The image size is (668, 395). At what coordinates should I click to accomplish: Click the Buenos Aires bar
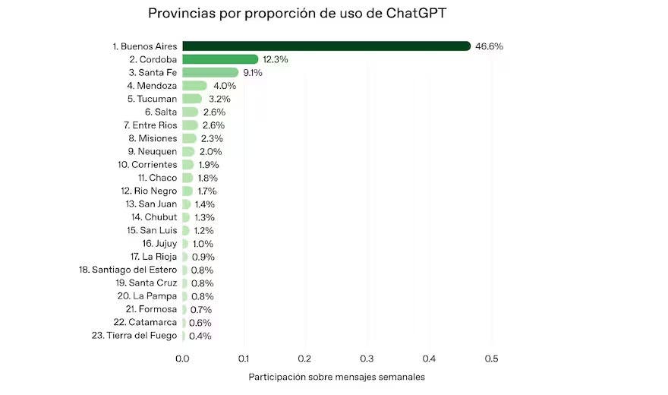(x=326, y=46)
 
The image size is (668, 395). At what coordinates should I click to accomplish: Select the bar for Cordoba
(x=220, y=59)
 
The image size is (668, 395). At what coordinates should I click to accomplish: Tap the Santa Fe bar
(x=210, y=72)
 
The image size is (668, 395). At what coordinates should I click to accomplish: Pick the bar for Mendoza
(x=194, y=86)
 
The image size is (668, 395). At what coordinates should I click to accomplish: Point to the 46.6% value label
(x=489, y=46)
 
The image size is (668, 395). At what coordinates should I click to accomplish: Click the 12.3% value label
(x=276, y=59)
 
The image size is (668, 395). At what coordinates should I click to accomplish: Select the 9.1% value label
(x=253, y=73)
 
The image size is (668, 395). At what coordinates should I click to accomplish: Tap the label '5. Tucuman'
(x=152, y=99)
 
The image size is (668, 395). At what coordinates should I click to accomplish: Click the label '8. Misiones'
(x=152, y=138)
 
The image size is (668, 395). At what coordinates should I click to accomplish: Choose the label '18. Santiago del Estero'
(x=128, y=270)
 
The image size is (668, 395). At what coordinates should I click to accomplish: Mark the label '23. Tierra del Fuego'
(x=134, y=336)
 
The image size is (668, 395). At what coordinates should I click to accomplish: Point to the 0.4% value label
(x=201, y=336)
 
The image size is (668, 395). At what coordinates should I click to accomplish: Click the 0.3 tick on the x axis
(x=367, y=359)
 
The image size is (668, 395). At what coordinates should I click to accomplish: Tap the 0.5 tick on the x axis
(x=490, y=359)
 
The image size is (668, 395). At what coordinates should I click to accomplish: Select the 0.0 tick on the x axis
(x=182, y=359)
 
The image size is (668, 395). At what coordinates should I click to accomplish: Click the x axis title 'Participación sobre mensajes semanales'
(x=336, y=377)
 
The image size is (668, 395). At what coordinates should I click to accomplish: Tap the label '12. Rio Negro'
(x=149, y=191)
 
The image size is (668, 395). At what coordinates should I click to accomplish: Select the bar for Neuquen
(x=188, y=151)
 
